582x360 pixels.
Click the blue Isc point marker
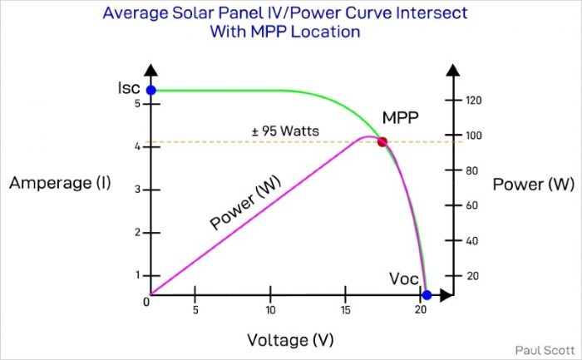pyautogui.click(x=150, y=91)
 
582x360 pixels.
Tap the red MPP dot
pyautogui.click(x=382, y=141)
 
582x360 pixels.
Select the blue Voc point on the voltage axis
pyautogui.click(x=427, y=295)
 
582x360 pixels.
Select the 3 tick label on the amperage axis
pyautogui.click(x=137, y=190)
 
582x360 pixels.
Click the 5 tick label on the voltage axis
pyautogui.click(x=195, y=310)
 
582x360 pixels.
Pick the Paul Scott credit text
pyautogui.click(x=545, y=349)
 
